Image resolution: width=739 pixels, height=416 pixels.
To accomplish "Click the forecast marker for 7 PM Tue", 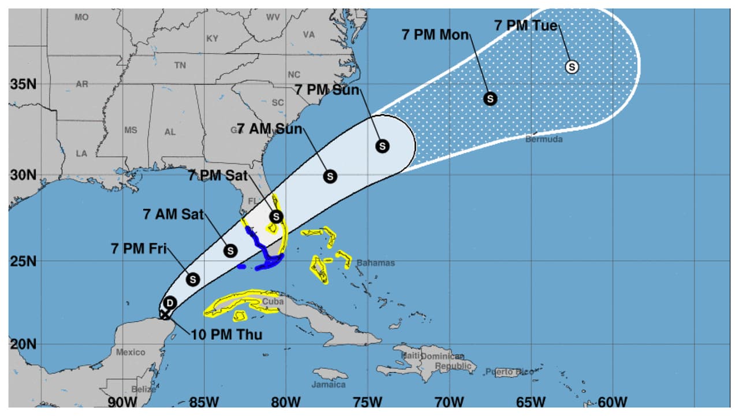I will click(572, 67).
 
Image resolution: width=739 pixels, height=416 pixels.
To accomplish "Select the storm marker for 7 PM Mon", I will click(490, 98).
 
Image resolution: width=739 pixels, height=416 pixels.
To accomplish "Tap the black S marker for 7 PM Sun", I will click(382, 146).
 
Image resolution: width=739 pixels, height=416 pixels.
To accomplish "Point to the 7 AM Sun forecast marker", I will click(330, 176).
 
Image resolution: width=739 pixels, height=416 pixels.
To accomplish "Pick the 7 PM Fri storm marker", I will click(193, 279).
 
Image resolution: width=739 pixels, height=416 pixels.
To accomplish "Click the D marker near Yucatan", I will click(170, 303).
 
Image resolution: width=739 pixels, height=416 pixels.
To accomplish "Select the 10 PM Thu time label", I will click(227, 335).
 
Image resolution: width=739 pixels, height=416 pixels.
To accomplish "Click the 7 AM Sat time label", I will click(173, 214).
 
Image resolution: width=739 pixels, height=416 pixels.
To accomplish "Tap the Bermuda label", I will click(543, 139).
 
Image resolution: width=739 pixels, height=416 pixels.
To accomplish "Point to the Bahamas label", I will click(375, 263).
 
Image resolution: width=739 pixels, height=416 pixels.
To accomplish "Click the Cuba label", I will click(273, 302).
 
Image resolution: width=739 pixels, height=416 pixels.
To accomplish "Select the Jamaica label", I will click(329, 384).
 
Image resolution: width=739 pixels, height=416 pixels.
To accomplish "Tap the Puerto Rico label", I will click(509, 372).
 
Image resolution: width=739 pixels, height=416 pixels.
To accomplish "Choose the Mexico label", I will click(130, 352).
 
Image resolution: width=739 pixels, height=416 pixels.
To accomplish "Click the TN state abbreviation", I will click(180, 66).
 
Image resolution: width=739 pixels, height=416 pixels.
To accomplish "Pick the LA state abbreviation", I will click(81, 154).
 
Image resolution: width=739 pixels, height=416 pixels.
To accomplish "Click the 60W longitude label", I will click(613, 402).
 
